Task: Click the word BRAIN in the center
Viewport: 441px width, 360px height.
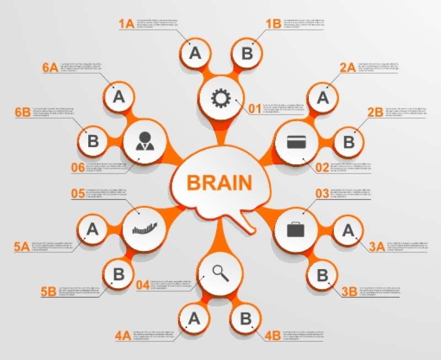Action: [219, 182]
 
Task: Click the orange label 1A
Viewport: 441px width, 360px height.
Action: [126, 24]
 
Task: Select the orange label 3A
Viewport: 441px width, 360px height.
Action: [377, 246]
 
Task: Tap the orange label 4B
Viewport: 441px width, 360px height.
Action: [272, 335]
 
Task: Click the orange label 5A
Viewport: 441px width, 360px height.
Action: [21, 246]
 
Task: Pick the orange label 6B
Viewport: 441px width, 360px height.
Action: [23, 112]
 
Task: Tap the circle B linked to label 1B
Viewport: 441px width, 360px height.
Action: [247, 53]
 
